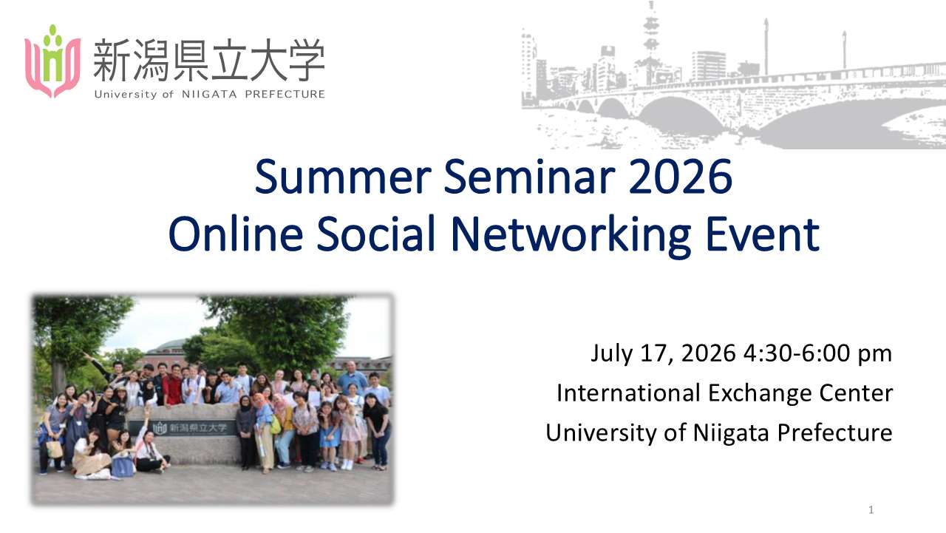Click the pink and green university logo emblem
[52, 61]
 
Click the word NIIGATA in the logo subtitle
[209, 94]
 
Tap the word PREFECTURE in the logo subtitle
[285, 94]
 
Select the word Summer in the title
[343, 177]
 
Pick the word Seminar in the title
[530, 177]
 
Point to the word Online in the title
[236, 234]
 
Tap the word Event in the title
[763, 234]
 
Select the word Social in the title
[376, 234]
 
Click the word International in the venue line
[628, 393]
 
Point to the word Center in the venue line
[856, 393]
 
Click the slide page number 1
[871, 510]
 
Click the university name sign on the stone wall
[189, 428]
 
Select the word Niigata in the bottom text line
[731, 433]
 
